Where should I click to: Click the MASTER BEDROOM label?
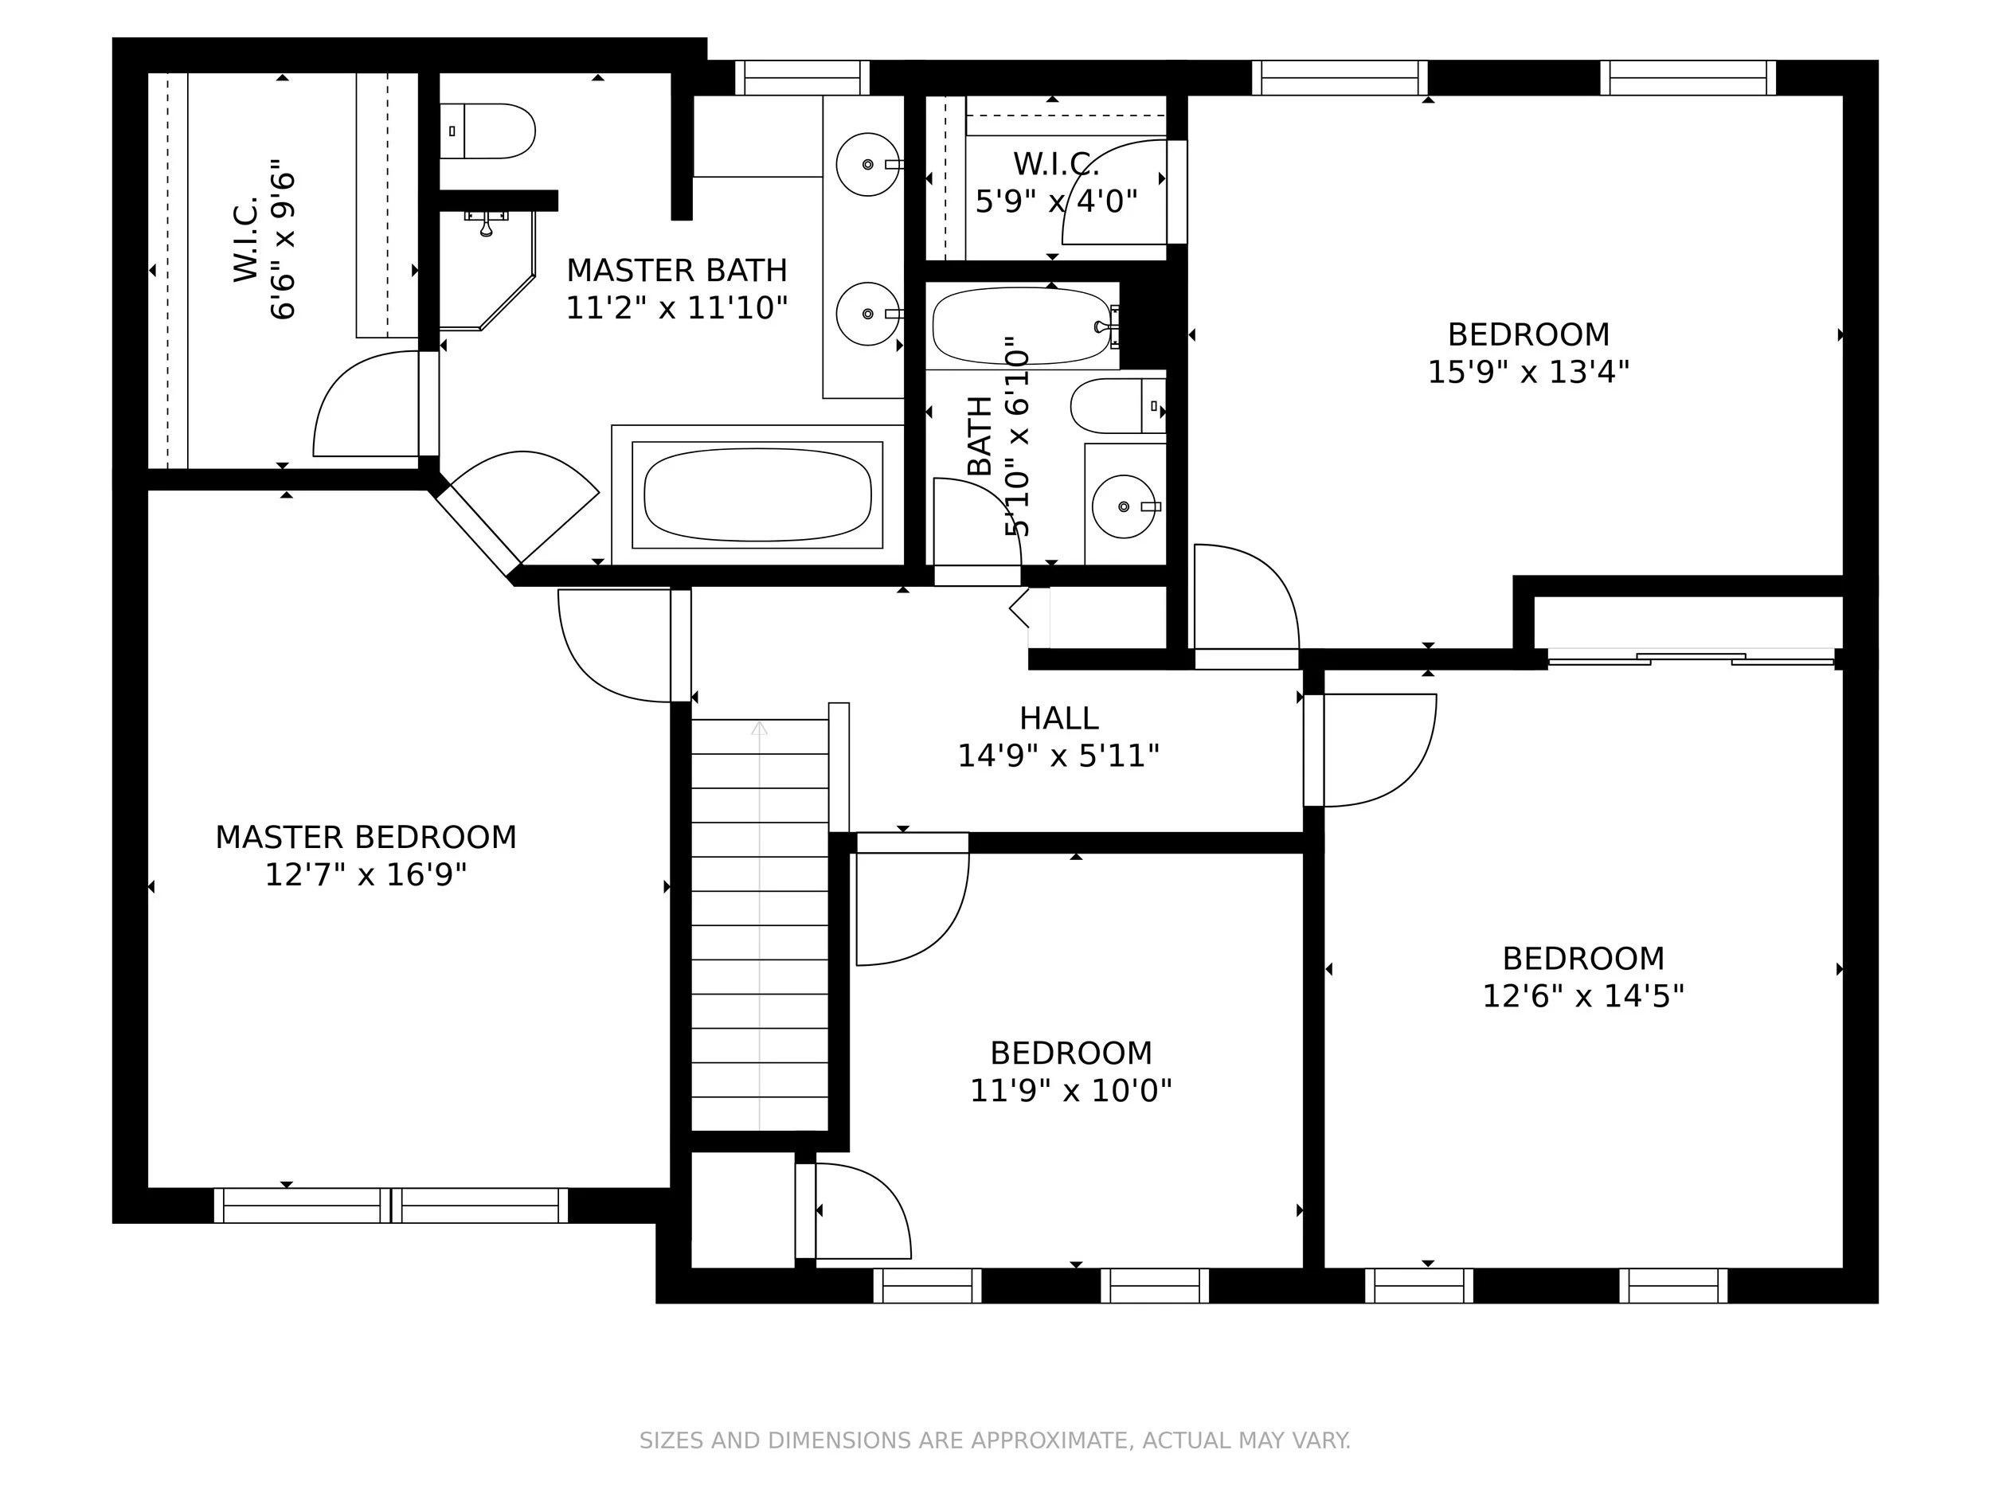pyautogui.click(x=366, y=837)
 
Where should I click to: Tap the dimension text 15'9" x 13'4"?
pyautogui.click(x=1528, y=372)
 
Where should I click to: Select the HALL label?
pyautogui.click(x=1058, y=718)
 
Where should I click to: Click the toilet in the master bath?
pyautogui.click(x=487, y=131)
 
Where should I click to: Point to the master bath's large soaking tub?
pyautogui.click(x=758, y=495)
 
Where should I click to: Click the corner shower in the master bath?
pyautogui.click(x=486, y=270)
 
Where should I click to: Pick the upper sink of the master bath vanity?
pyautogui.click(x=868, y=164)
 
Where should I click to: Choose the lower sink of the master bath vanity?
pyautogui.click(x=868, y=313)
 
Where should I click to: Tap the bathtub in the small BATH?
pyautogui.click(x=1023, y=326)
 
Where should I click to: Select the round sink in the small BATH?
pyautogui.click(x=1125, y=506)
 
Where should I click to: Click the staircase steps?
pyautogui.click(x=760, y=924)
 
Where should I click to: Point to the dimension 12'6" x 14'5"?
pyautogui.click(x=1583, y=996)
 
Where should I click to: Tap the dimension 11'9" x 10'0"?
pyautogui.click(x=1070, y=1091)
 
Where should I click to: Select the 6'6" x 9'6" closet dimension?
pyautogui.click(x=283, y=240)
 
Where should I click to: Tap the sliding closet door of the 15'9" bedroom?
pyautogui.click(x=1692, y=659)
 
